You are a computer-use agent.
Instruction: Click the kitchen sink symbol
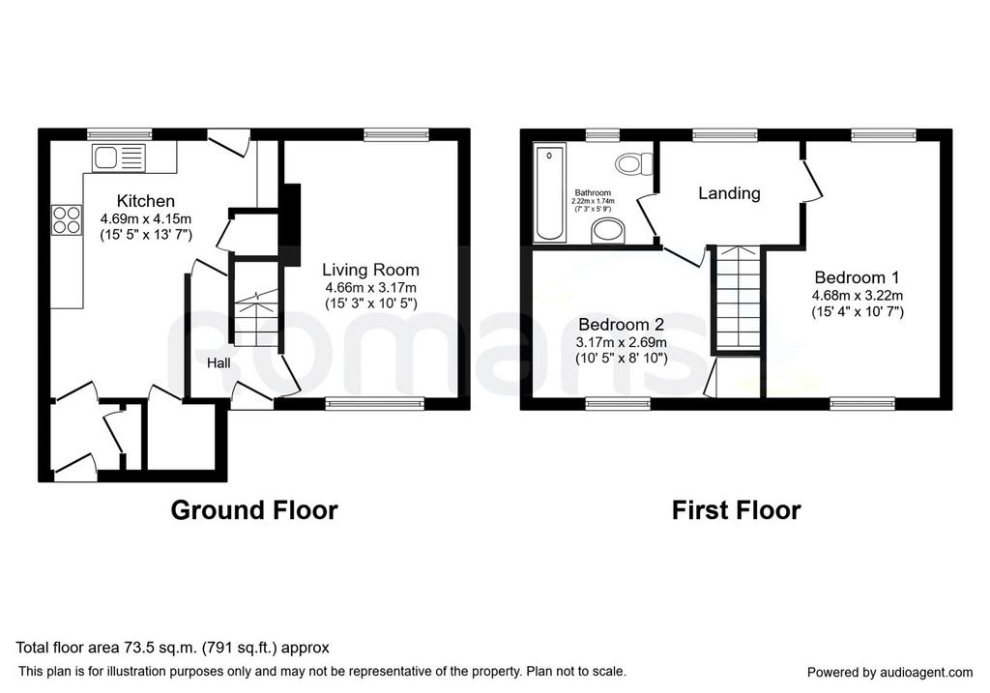click(x=119, y=158)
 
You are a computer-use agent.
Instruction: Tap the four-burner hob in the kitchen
click(x=67, y=220)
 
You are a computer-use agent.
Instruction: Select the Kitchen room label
click(x=146, y=201)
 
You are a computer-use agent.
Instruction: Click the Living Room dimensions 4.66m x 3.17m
click(x=370, y=288)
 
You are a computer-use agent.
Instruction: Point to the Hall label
click(x=218, y=362)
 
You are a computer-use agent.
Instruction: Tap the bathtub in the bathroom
click(x=550, y=192)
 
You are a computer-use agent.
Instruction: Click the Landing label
click(x=729, y=193)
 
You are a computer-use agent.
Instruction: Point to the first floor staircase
click(x=738, y=297)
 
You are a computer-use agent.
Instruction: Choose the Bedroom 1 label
click(x=857, y=277)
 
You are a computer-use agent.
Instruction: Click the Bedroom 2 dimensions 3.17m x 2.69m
click(x=622, y=343)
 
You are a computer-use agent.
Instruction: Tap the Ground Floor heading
click(x=254, y=510)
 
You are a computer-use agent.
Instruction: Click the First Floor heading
click(x=736, y=510)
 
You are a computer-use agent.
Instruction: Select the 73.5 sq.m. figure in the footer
click(x=160, y=648)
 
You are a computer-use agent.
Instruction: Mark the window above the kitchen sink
click(x=119, y=133)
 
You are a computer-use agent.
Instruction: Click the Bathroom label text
click(x=593, y=192)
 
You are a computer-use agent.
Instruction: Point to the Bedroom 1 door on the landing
click(x=812, y=180)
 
